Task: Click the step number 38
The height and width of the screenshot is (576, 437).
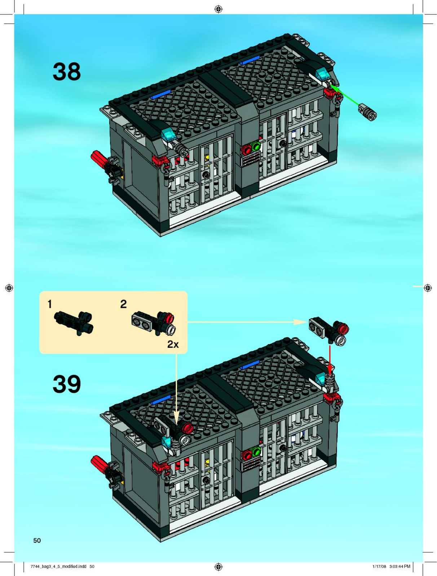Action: point(67,72)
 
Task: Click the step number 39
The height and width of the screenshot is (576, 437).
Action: point(67,384)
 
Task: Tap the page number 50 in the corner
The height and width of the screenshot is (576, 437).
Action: point(37,540)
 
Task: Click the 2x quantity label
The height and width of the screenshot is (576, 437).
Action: point(173,344)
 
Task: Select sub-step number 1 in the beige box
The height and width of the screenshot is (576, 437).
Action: point(50,304)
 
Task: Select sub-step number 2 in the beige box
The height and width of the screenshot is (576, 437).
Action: point(124,304)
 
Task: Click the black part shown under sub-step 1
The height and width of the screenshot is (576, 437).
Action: point(74,322)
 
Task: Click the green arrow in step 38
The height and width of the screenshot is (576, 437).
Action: point(345,95)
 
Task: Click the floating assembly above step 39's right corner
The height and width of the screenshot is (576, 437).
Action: point(329,330)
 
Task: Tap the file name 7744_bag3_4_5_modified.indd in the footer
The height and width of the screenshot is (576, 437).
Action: point(58,566)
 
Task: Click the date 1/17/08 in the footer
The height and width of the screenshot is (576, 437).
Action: point(379,566)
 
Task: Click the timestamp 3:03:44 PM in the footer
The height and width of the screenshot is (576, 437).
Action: point(400,566)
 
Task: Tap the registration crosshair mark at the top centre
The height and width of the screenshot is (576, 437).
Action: point(218,9)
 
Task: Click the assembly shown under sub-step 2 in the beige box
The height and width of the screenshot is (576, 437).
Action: point(154,323)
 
